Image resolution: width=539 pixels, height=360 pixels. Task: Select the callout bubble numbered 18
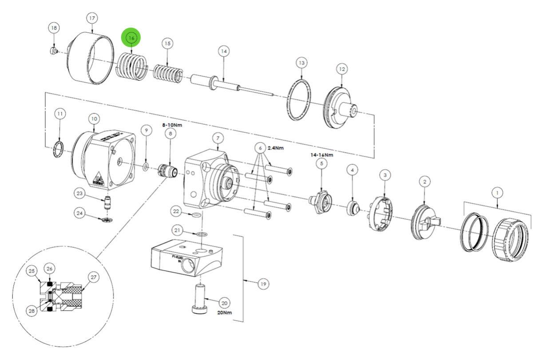click(x=54, y=28)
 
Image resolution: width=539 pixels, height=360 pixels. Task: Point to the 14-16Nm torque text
click(x=321, y=155)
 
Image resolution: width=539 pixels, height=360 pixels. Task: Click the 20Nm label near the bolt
click(x=225, y=312)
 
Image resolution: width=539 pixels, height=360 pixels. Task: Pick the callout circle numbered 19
click(x=263, y=284)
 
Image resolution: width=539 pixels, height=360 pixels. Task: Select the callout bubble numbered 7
click(x=218, y=138)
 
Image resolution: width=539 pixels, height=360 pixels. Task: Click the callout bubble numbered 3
click(x=384, y=175)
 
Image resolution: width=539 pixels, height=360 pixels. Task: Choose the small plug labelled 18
click(x=52, y=51)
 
